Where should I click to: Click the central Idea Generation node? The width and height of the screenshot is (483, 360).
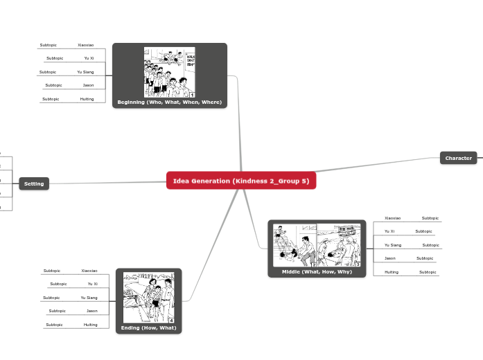[x=241, y=181]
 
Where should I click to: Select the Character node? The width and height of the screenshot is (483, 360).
[x=458, y=158]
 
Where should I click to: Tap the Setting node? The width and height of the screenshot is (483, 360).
[x=34, y=183]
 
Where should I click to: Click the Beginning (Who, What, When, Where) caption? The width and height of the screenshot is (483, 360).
[x=170, y=102]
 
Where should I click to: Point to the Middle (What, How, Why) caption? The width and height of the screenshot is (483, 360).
[x=317, y=271]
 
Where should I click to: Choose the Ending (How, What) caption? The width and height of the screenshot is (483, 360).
[x=149, y=327]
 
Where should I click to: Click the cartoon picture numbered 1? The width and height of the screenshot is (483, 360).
[x=170, y=72]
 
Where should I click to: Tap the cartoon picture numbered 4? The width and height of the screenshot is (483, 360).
[x=148, y=297]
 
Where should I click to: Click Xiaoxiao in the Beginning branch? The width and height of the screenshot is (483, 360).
[x=86, y=45]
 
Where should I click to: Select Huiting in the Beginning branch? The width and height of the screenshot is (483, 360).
[x=87, y=99]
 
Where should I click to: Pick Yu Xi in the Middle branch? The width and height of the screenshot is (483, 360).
[x=389, y=231]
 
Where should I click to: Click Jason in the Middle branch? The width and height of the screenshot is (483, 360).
[x=390, y=258]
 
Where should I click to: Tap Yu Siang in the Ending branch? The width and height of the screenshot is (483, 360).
[x=89, y=298]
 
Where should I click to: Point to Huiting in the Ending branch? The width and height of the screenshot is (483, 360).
[x=90, y=325]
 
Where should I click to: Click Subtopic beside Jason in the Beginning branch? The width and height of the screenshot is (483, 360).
[x=53, y=85]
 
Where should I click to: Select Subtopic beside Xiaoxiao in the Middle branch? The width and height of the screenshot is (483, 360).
[x=430, y=218]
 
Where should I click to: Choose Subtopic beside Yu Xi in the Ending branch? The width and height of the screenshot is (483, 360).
[x=58, y=284]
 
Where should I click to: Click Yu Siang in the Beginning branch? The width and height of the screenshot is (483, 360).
[x=85, y=72]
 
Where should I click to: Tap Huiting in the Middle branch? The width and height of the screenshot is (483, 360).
[x=392, y=272]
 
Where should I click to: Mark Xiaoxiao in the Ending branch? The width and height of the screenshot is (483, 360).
[x=89, y=271]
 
